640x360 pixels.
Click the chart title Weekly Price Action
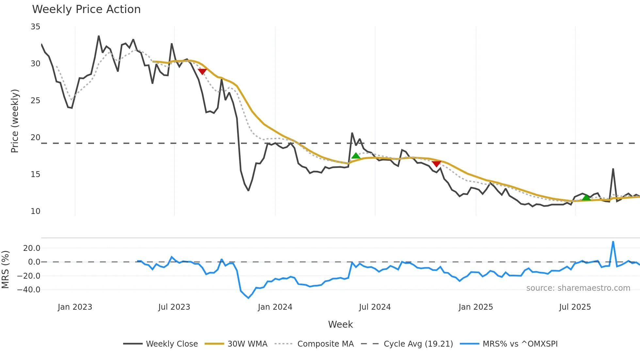(x=86, y=9)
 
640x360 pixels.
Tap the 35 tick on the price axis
(x=36, y=27)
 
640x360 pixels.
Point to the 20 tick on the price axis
(x=36, y=138)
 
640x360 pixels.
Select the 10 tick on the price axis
(x=36, y=211)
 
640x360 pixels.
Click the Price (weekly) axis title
(x=15, y=121)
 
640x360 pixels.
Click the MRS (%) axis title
(x=5, y=270)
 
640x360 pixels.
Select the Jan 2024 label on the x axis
(x=275, y=307)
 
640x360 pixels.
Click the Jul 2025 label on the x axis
(x=575, y=307)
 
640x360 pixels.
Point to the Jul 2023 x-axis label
(x=174, y=307)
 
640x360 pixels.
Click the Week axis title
(x=340, y=324)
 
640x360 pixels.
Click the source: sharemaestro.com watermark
(x=578, y=288)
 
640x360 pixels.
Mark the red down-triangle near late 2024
(x=436, y=164)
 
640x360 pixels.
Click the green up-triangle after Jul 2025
(x=586, y=197)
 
